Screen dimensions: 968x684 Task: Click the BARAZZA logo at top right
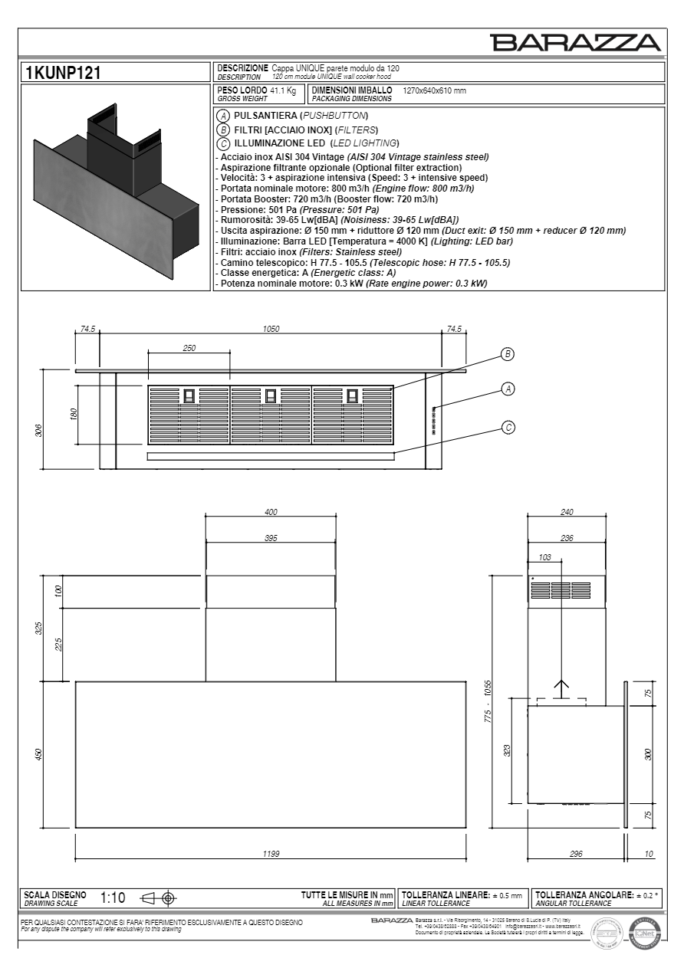[576, 43]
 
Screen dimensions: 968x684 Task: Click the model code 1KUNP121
[63, 73]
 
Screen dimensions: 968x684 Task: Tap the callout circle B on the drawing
[507, 354]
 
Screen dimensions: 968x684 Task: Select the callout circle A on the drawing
[507, 389]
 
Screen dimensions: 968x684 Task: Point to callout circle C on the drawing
[507, 427]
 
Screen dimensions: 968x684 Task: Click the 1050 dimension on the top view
[270, 329]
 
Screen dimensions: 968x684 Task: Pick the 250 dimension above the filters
[189, 348]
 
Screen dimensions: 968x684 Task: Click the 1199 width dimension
[270, 853]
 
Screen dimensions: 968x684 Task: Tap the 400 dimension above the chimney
[270, 512]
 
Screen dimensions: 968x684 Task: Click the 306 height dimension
[38, 430]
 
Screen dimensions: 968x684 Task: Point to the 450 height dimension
[38, 754]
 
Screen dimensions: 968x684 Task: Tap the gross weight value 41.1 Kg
[282, 90]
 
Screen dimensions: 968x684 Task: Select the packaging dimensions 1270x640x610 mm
[434, 90]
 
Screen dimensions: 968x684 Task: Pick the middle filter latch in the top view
[270, 395]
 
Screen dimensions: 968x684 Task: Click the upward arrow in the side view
[561, 687]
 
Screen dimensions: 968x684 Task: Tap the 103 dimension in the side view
[545, 558]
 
